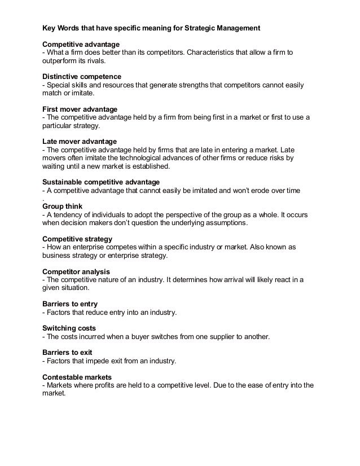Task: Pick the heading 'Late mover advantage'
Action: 80,140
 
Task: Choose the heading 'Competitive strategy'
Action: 77,239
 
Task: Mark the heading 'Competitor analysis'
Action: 78,271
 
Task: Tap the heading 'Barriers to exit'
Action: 68,352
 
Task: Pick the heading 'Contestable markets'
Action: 77,376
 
